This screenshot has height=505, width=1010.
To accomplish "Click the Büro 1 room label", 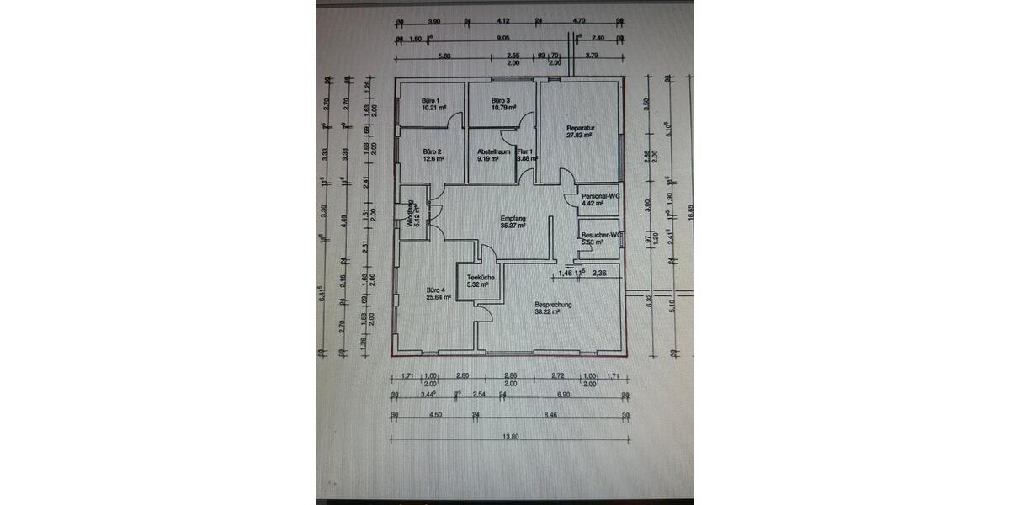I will (x=431, y=100).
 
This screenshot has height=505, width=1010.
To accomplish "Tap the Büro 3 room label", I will (x=502, y=100).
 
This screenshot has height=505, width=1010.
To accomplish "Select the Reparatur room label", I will (x=580, y=127).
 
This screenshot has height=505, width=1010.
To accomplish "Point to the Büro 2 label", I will (x=431, y=151).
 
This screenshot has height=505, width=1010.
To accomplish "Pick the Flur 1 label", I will (x=527, y=151).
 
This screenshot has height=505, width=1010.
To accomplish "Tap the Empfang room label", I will (x=513, y=218).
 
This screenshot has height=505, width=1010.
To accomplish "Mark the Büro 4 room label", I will (x=431, y=290).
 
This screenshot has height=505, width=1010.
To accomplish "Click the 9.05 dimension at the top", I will (x=502, y=38).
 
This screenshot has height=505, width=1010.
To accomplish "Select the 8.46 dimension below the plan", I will (x=550, y=415).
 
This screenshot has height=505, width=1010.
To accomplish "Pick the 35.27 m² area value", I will (x=513, y=226).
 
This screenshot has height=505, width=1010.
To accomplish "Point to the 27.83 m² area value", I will (x=580, y=135).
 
